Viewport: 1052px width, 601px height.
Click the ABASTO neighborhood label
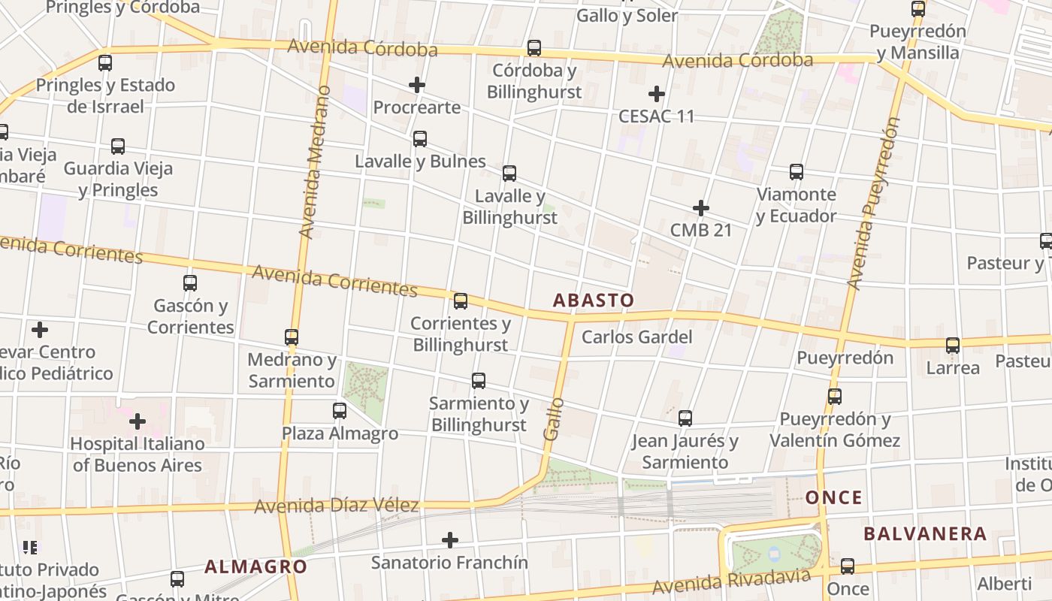(x=593, y=300)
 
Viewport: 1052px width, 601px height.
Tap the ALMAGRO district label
(x=255, y=566)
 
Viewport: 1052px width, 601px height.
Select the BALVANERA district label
(x=924, y=534)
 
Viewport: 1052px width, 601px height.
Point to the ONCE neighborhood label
(x=834, y=497)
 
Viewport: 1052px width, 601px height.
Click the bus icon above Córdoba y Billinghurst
(x=534, y=48)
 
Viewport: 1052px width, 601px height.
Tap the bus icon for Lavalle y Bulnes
(x=420, y=139)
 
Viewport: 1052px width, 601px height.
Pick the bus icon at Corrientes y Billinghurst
(x=461, y=301)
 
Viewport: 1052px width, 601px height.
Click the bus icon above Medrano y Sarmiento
(x=292, y=337)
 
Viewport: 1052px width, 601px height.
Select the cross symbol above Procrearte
(x=417, y=85)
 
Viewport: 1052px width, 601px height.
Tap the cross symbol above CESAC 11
(x=657, y=94)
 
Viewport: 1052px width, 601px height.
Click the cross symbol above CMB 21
(x=701, y=207)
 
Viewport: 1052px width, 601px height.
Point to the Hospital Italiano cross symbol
(x=138, y=421)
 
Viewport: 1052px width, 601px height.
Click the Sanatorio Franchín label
(x=449, y=562)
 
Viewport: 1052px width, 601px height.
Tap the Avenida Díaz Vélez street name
(x=336, y=506)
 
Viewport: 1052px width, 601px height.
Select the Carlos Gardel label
(x=636, y=337)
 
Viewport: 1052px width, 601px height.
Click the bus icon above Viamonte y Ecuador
(x=797, y=172)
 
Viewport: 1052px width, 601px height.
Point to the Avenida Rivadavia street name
(x=731, y=581)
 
